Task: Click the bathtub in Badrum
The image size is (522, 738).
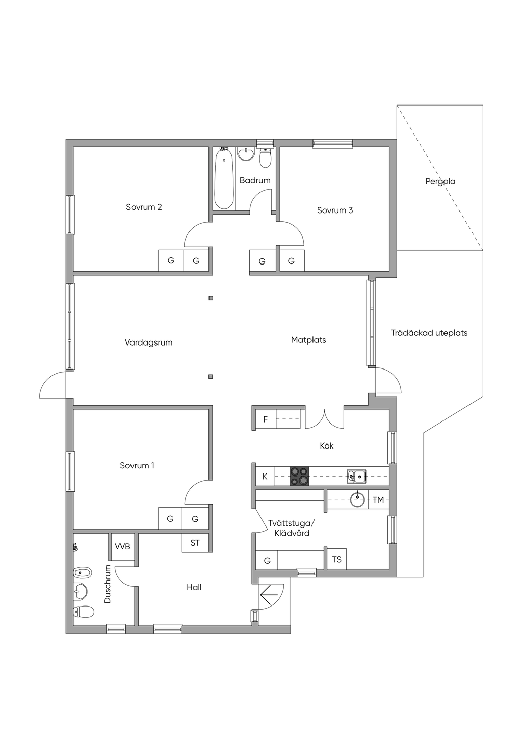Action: tap(224, 178)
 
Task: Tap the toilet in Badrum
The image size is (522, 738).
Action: tap(265, 158)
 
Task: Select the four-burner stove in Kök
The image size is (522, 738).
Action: tap(299, 477)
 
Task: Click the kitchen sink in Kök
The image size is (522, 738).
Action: tap(356, 477)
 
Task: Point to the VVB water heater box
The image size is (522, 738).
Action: tap(122, 546)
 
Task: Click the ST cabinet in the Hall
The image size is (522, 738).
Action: tap(195, 543)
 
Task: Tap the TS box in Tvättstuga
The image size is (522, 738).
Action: tap(336, 559)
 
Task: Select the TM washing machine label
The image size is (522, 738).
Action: tap(378, 500)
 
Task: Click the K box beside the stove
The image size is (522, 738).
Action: tap(265, 477)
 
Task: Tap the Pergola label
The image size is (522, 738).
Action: tap(440, 181)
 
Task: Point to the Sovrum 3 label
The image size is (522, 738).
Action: tap(335, 210)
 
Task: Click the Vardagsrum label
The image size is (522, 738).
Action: tap(149, 342)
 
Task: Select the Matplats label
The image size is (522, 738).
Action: tap(308, 340)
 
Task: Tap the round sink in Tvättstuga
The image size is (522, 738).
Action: tap(357, 500)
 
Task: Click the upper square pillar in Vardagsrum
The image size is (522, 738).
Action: tap(211, 298)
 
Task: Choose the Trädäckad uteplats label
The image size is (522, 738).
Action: tap(429, 333)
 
